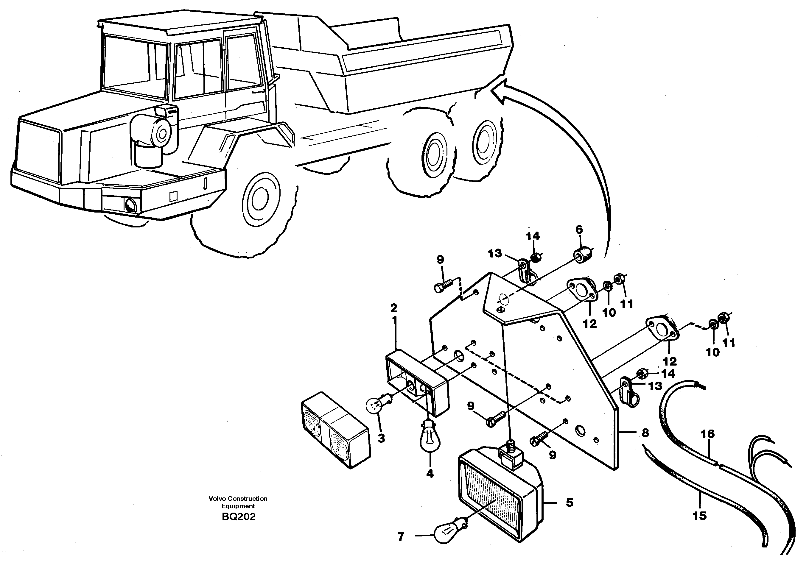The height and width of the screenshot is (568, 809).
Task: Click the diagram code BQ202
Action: pos(239,516)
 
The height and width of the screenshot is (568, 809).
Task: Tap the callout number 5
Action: pos(570,503)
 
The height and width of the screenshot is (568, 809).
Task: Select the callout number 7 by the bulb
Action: pos(401,537)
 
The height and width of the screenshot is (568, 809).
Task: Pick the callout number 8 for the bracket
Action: pos(645,433)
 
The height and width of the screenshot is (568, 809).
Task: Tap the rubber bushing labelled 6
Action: pos(584,254)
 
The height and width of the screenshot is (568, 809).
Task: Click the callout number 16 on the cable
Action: pos(707,434)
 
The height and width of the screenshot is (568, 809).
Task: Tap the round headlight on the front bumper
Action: pos(131,205)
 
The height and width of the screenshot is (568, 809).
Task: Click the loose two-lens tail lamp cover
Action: pos(335,429)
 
